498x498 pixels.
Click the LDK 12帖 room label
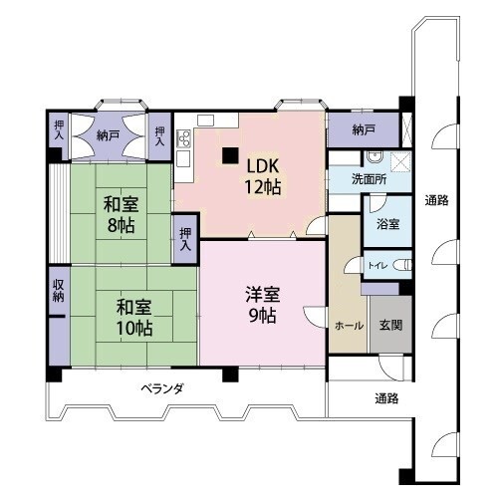[x=263, y=176]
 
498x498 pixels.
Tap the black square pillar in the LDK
[x=230, y=155]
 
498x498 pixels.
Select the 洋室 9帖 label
[x=263, y=305]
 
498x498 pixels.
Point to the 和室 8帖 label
[x=121, y=214]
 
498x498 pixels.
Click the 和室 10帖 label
[x=134, y=317]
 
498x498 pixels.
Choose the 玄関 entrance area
[x=391, y=324]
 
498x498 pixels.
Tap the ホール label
[x=349, y=326]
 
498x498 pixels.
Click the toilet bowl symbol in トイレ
[x=402, y=265]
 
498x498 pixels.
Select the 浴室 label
[x=387, y=224]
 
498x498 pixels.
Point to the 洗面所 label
[x=369, y=179]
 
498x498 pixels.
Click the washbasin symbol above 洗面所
[x=375, y=157]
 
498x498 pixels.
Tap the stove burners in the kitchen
[x=184, y=138]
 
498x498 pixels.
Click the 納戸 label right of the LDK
[x=364, y=129]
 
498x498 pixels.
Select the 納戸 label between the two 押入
[x=109, y=135]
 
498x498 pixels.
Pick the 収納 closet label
[x=58, y=291]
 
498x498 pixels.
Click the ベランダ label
[x=162, y=388]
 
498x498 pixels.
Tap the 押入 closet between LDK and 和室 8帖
[x=185, y=239]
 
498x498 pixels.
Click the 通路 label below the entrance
[x=386, y=398]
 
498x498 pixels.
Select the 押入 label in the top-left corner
[x=59, y=129]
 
